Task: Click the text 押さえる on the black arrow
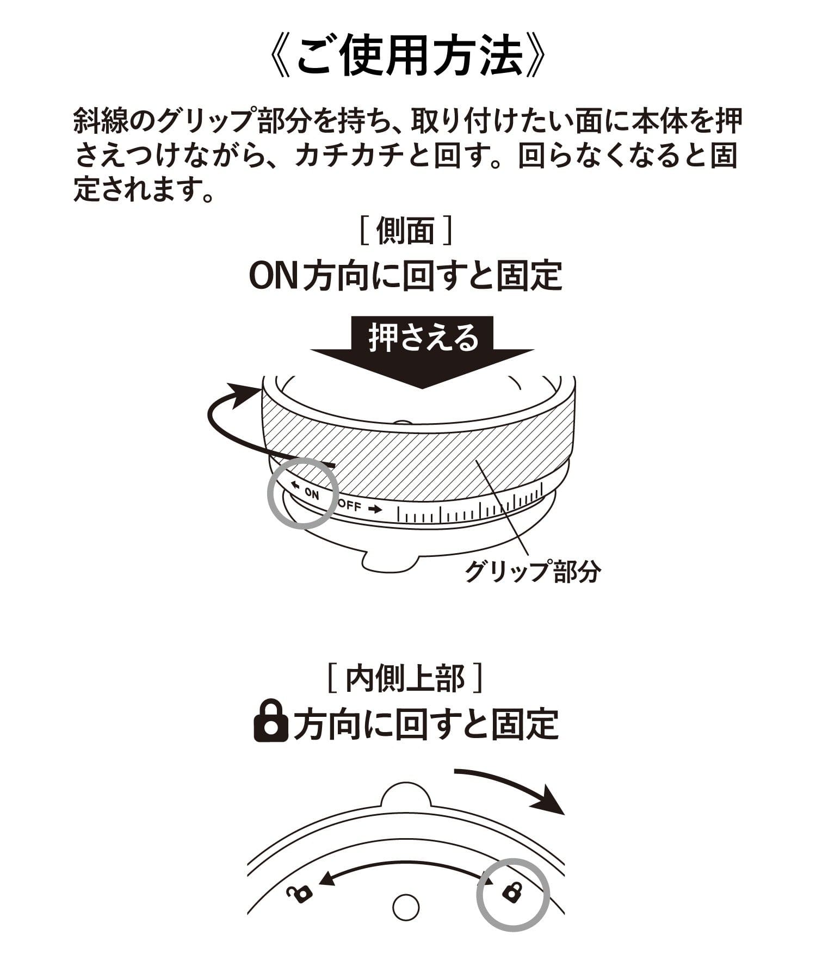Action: click(x=423, y=338)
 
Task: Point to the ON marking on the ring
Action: click(x=312, y=494)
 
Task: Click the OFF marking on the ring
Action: click(x=349, y=505)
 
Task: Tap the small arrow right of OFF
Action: click(x=375, y=510)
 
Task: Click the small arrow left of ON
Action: click(x=295, y=485)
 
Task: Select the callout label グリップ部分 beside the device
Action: click(x=533, y=571)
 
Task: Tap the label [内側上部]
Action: click(x=406, y=679)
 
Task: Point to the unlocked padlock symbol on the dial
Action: click(x=300, y=893)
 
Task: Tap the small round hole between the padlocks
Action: click(x=406, y=908)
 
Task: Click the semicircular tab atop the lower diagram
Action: click(x=406, y=795)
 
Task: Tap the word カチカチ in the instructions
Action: click(x=348, y=157)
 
